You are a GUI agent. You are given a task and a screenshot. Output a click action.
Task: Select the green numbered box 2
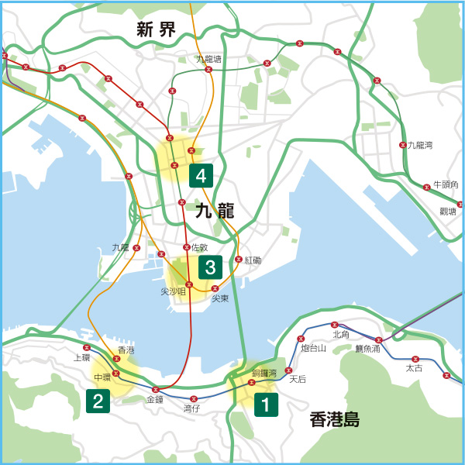[98, 401]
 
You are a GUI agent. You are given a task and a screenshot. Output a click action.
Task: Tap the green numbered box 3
[210, 267]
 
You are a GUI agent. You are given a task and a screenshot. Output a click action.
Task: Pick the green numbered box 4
[201, 176]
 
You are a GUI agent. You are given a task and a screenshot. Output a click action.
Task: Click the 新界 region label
[156, 30]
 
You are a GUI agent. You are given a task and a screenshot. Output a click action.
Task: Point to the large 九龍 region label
[215, 210]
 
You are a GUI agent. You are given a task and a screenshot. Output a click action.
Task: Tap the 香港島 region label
[334, 420]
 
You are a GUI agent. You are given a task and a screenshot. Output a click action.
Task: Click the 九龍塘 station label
[208, 59]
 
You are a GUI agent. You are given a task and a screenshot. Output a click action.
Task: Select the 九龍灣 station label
[420, 145]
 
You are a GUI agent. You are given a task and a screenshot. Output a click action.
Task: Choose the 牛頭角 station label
[446, 184]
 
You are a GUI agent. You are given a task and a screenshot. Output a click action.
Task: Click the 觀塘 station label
[448, 211]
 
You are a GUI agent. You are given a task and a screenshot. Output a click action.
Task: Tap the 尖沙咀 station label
[173, 291]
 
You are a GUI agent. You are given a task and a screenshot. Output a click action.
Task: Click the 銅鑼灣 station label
[263, 374]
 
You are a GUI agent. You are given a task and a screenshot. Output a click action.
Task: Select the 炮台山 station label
[314, 349]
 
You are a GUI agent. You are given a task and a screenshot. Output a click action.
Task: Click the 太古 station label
[415, 368]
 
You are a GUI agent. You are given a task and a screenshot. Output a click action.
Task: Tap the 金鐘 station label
[155, 399]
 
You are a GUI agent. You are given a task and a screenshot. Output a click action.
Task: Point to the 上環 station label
[81, 358]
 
